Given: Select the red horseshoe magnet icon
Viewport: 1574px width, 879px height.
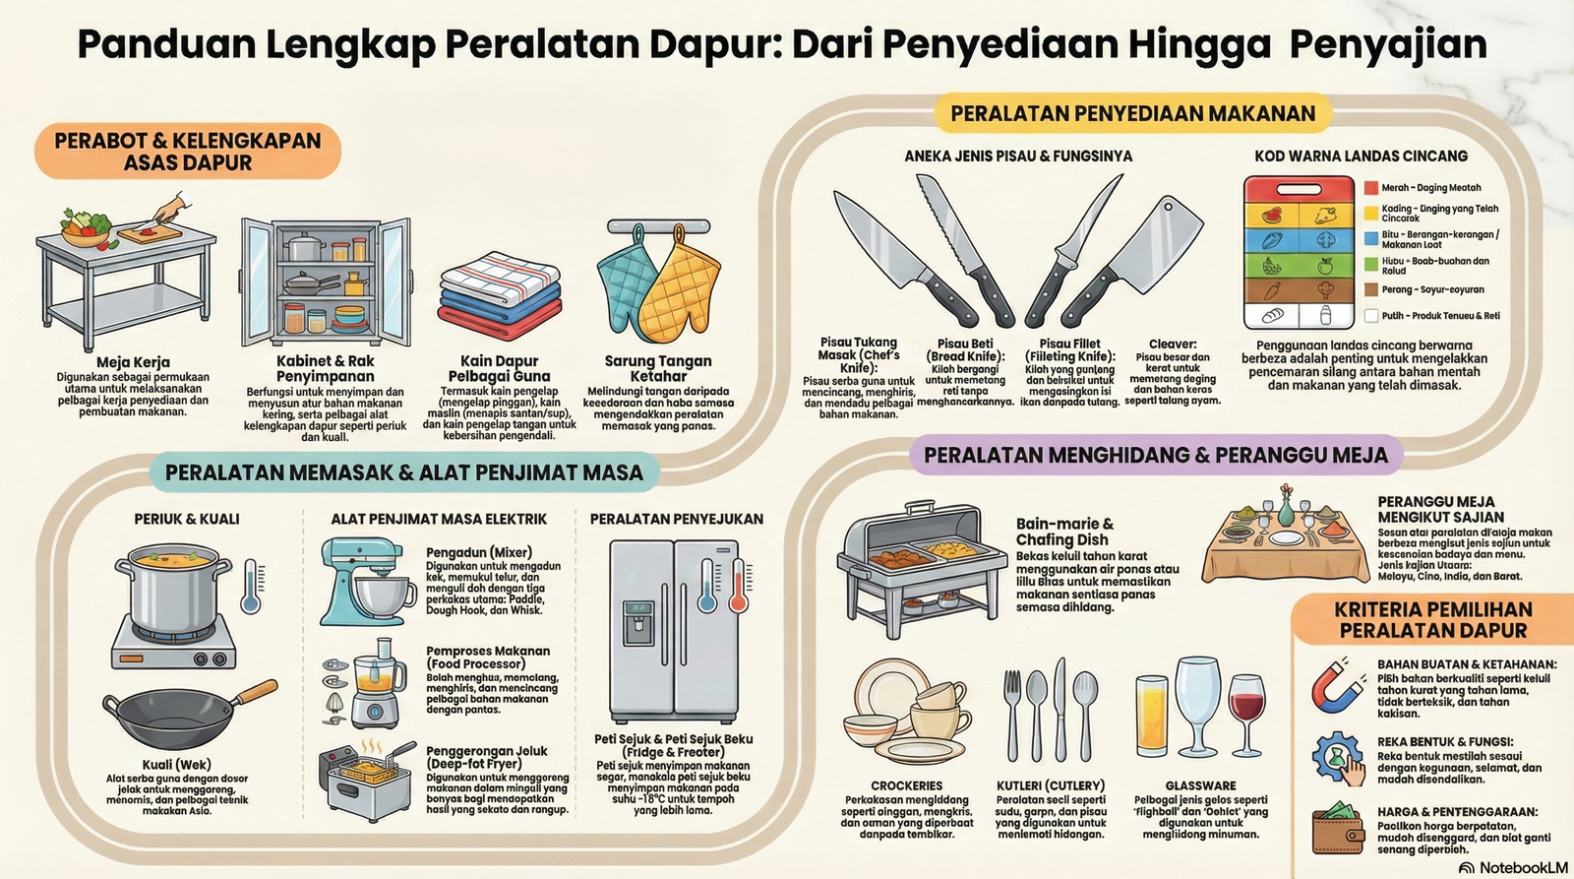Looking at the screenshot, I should pos(1338,686).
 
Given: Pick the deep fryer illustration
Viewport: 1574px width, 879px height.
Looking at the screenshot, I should pos(362,783).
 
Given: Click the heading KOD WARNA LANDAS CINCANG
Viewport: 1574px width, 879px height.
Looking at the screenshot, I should pos(1361,156).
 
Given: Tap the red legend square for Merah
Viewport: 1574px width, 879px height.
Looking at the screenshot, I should pos(1371,188).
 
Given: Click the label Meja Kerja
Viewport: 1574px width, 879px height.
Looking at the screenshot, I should pos(134,362).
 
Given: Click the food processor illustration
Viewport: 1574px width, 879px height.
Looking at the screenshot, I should pos(372,681).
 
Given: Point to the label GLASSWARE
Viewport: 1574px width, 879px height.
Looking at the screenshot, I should pos(1200,785).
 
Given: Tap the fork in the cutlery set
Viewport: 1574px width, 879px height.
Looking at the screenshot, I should pos(1013,714).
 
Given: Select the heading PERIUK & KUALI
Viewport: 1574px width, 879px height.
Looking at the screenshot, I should pos(187,519).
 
